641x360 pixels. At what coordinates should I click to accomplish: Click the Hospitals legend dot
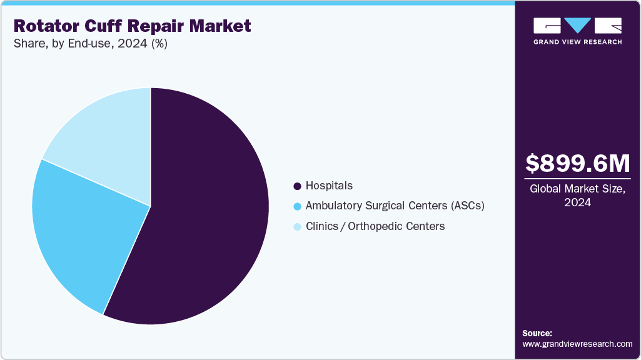click(297, 186)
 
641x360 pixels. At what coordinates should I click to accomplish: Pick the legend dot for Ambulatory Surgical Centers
click(297, 206)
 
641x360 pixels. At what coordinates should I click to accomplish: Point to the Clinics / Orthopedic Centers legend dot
click(297, 226)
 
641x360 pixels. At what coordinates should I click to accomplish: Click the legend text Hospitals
click(329, 186)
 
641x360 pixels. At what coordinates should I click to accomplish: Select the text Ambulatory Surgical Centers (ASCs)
click(395, 206)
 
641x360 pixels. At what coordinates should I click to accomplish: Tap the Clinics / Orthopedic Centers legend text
click(375, 226)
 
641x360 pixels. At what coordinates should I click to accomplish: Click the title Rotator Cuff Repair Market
click(132, 26)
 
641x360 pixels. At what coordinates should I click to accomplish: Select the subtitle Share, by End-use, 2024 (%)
click(90, 44)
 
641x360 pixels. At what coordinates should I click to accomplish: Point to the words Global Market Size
click(577, 189)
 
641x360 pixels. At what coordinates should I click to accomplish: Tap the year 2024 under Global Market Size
click(577, 202)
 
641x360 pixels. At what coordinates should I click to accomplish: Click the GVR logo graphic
click(577, 26)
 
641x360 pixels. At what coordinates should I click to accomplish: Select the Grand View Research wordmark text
click(577, 42)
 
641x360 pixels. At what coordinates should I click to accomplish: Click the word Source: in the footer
click(537, 333)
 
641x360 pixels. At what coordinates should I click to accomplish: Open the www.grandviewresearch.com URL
click(577, 344)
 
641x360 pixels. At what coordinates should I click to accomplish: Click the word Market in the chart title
click(221, 26)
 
